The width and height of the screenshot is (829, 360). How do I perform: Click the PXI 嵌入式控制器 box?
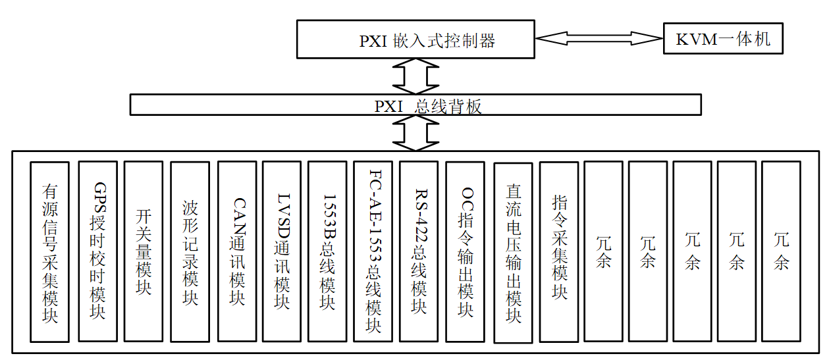415,39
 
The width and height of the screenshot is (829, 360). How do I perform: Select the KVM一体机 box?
723,39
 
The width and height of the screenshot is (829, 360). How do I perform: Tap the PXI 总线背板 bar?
415,105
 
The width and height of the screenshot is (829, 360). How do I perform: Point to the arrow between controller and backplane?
415,76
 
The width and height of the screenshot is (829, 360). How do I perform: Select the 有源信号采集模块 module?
49,252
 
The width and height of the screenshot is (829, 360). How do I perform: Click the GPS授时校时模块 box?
97,251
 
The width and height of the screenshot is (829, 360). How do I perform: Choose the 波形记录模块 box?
190,251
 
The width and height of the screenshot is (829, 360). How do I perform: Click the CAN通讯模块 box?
236,251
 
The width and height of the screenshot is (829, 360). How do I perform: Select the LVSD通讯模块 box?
282,251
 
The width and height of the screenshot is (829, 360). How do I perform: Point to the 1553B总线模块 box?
327,251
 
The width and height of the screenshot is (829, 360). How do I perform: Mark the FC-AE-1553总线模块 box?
373,251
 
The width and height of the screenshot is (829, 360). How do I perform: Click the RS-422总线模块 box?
419,251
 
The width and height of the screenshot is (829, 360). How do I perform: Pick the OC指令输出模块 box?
465,251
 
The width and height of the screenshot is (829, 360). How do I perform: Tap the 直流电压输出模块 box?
513,253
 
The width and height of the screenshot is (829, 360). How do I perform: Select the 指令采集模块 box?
559,251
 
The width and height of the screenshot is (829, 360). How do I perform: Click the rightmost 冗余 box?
781,251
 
